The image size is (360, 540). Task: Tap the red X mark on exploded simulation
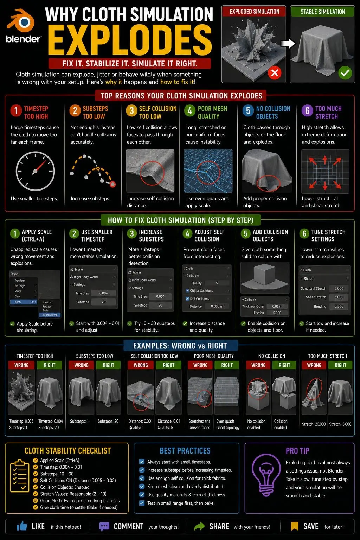(x=275, y=72)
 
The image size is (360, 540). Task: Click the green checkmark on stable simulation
(x=345, y=72)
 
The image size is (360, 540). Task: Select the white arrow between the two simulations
(x=288, y=44)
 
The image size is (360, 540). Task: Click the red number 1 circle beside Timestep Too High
(x=16, y=111)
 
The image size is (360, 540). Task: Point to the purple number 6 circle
(x=307, y=111)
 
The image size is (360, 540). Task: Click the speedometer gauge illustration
(x=35, y=171)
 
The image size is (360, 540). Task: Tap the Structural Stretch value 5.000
(x=339, y=289)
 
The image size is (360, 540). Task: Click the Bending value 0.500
(x=339, y=307)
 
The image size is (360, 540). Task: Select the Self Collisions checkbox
(x=187, y=299)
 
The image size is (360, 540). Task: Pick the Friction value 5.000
(x=277, y=313)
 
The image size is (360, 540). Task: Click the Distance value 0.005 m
(x=217, y=306)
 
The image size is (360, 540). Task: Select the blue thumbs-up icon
(x=22, y=526)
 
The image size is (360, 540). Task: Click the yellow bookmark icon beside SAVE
(x=294, y=526)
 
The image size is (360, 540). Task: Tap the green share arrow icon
(x=199, y=526)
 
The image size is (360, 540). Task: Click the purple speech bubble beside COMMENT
(x=104, y=527)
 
